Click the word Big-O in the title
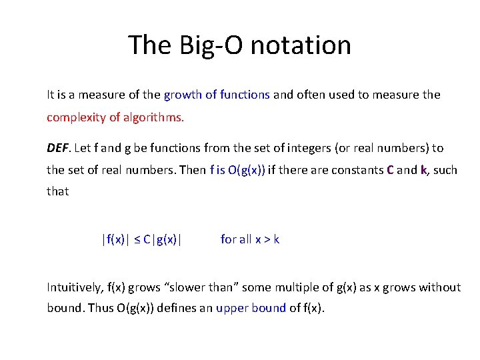[201, 45]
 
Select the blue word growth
[183, 95]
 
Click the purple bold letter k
[423, 170]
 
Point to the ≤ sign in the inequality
[137, 239]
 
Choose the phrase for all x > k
[250, 239]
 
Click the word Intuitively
[74, 287]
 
